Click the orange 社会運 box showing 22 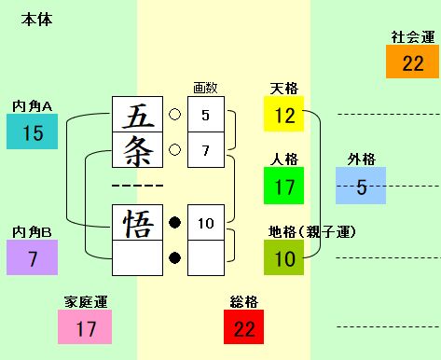pyautogui.click(x=413, y=62)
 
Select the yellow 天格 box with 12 pyautogui.click(x=284, y=115)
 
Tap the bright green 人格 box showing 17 pyautogui.click(x=284, y=186)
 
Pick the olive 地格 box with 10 pyautogui.click(x=284, y=257)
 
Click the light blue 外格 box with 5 pyautogui.click(x=361, y=187)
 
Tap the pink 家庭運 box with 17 pyautogui.click(x=86, y=328)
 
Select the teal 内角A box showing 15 pyautogui.click(x=33, y=132)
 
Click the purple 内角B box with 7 pyautogui.click(x=33, y=257)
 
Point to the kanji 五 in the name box pyautogui.click(x=137, y=115)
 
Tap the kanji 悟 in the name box pyautogui.click(x=137, y=223)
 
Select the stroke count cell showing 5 pyautogui.click(x=206, y=115)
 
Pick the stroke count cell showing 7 pyautogui.click(x=206, y=149)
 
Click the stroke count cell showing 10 pyautogui.click(x=206, y=223)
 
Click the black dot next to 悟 pyautogui.click(x=173, y=223)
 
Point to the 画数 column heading pyautogui.click(x=204, y=88)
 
